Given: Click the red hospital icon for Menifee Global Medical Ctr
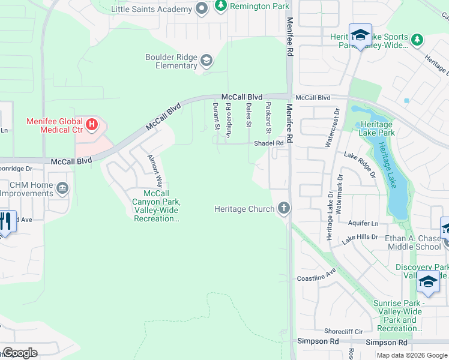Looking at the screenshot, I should tap(92, 125).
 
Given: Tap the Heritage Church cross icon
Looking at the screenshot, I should tap(284, 209).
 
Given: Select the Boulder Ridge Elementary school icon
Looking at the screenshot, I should tap(206, 60).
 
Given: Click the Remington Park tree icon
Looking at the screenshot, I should tap(221, 6).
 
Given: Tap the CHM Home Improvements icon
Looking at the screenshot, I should tap(62, 190).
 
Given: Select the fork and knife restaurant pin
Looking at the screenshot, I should tap(5, 221).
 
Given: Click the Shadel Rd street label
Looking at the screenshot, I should tap(268, 143).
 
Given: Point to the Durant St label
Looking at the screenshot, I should tap(215, 115).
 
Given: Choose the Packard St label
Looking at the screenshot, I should tap(268, 118).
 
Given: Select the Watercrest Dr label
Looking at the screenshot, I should tap(328, 128).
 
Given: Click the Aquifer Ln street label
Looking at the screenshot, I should tap(364, 223).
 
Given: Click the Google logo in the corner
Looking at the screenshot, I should tap(19, 353).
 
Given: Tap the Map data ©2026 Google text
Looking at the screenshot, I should tap(411, 355).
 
